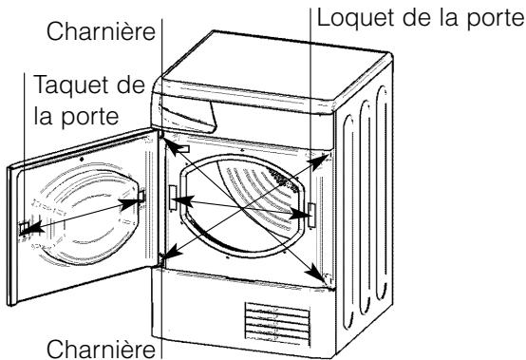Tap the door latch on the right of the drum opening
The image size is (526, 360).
[310, 216]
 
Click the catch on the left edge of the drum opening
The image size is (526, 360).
[172, 199]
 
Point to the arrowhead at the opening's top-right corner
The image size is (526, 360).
[326, 155]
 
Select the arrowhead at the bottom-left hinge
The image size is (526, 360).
[166, 256]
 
